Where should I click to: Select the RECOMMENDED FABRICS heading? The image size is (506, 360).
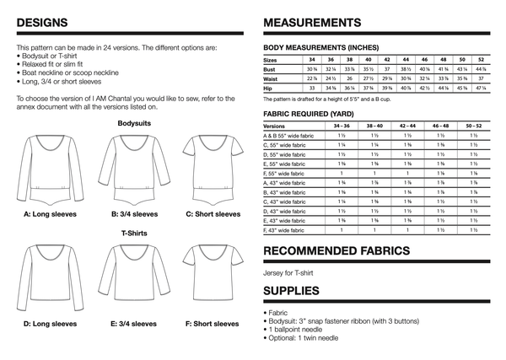click(x=337, y=251)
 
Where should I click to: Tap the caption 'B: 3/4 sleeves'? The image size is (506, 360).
click(x=129, y=214)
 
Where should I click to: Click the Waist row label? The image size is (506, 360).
click(x=272, y=78)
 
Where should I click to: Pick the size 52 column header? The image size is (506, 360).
click(x=481, y=61)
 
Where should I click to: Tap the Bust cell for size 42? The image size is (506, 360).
click(x=387, y=69)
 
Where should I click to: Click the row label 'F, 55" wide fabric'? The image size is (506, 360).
click(x=287, y=172)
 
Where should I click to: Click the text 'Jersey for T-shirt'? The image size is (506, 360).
click(x=290, y=272)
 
